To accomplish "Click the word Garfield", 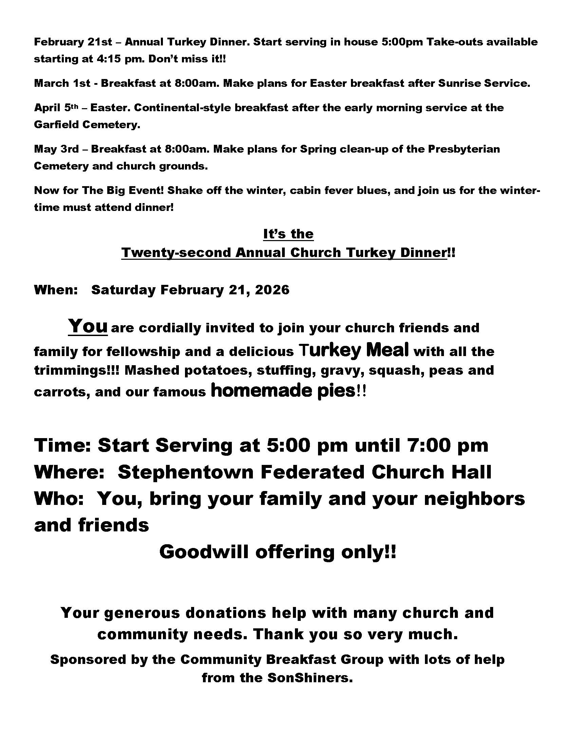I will (56, 125).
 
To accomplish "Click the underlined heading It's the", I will (288, 234).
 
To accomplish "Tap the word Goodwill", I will (204, 552).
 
